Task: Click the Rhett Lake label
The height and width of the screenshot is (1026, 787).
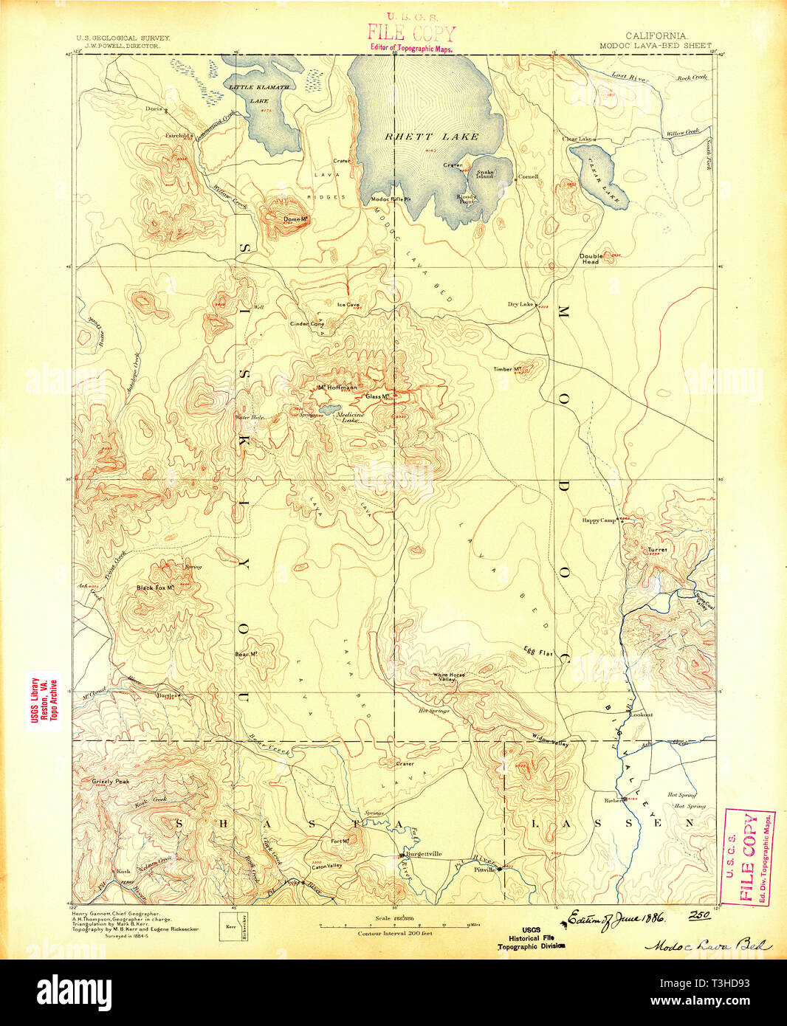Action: coord(432,137)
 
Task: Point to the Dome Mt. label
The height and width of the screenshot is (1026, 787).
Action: coord(295,219)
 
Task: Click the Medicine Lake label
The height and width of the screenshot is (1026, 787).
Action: coord(349,417)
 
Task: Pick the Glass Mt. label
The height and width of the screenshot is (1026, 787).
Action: coord(378,396)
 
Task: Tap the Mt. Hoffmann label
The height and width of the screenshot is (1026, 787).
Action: coord(337,388)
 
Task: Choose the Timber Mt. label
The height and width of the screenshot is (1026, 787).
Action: coord(508,369)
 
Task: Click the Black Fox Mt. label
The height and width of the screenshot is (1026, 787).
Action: coord(154,588)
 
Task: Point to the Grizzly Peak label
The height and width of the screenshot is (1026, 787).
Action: coord(111,781)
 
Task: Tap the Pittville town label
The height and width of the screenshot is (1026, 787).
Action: coord(484,870)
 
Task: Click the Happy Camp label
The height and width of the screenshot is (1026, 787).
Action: coord(599,520)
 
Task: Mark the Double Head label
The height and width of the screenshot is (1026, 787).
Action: coord(591,259)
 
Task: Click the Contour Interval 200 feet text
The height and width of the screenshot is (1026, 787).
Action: coord(395,933)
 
